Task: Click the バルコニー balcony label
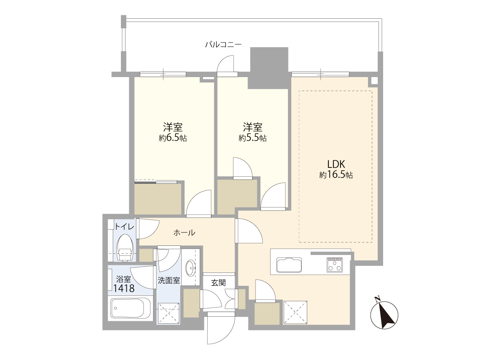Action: (x=223, y=45)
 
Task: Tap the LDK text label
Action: (x=336, y=164)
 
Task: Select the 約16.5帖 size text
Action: (x=336, y=175)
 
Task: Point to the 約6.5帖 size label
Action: (x=173, y=138)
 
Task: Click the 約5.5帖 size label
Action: (x=253, y=138)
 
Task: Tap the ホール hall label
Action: (x=184, y=232)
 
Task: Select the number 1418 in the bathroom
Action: (x=124, y=289)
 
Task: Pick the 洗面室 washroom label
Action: (x=169, y=280)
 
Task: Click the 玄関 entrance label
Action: (x=218, y=283)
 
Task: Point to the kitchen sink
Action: (x=289, y=265)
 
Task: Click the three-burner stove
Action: (x=335, y=265)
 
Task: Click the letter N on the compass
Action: (x=377, y=299)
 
